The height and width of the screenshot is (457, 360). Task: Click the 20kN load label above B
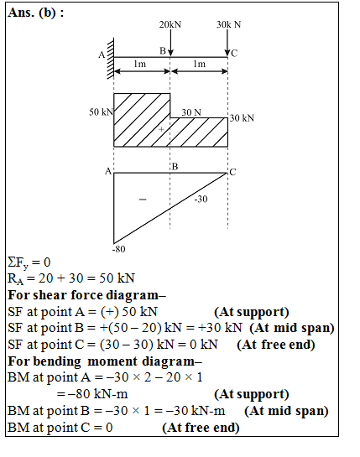(x=170, y=24)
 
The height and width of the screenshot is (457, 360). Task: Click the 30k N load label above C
(x=227, y=24)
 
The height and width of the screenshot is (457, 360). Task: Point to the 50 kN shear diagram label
(x=100, y=112)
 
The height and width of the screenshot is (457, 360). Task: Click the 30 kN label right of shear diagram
(x=242, y=118)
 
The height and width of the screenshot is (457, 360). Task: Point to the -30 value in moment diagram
(x=201, y=199)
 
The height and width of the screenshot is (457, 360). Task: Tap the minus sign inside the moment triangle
(x=142, y=200)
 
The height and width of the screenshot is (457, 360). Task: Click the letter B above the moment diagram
(x=175, y=166)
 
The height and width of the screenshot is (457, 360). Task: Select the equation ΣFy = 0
(x=29, y=263)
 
